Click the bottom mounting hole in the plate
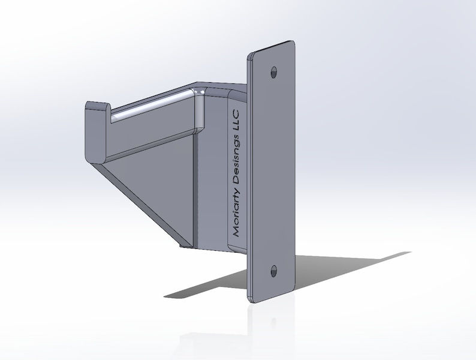point(274,271)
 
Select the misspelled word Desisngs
point(235,157)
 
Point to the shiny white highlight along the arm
point(150,107)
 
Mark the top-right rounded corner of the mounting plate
point(293,44)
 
